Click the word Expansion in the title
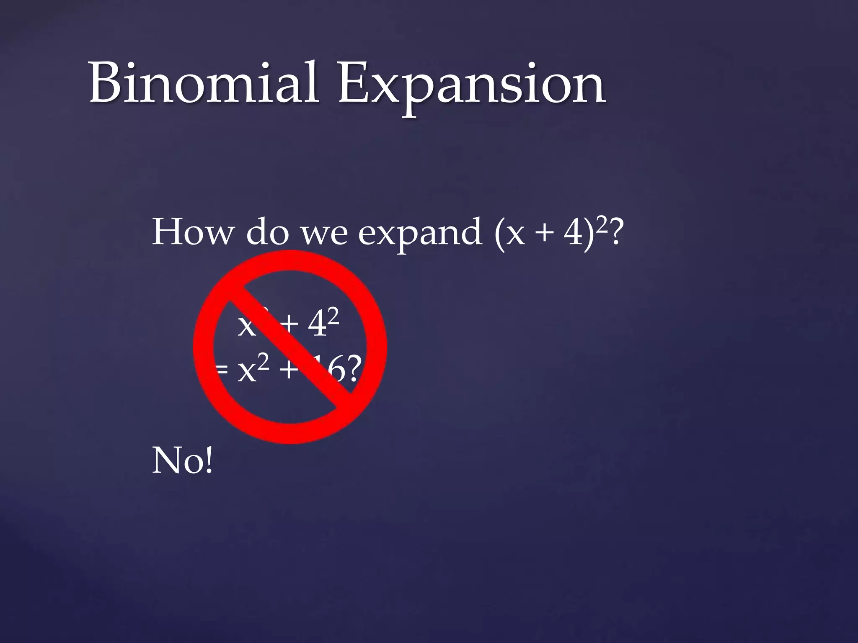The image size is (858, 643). click(471, 86)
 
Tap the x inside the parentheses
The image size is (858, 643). click(515, 235)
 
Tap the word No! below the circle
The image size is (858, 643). click(182, 460)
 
